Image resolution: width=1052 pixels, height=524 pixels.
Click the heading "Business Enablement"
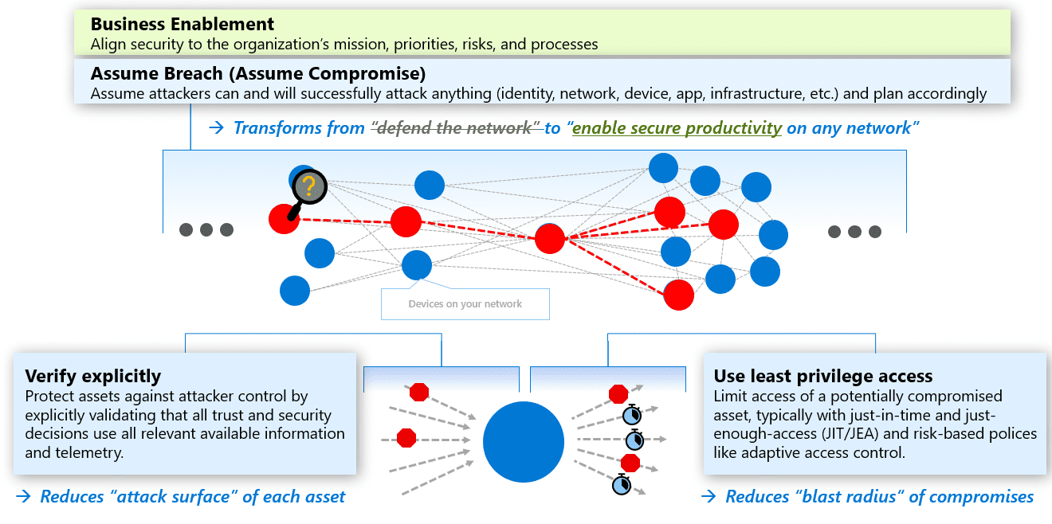[x=183, y=24]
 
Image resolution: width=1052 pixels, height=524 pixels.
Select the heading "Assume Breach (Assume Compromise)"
[x=258, y=74]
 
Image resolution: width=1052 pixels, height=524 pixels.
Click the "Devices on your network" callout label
[x=465, y=304]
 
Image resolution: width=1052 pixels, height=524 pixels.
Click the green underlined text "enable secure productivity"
[x=677, y=128]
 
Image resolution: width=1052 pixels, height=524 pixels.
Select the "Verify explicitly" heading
[x=93, y=376]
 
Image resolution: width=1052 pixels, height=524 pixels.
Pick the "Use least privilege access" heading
[x=823, y=376]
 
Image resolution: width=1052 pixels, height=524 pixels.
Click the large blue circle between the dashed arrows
[x=524, y=443]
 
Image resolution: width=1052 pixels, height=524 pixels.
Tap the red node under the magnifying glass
[x=284, y=219]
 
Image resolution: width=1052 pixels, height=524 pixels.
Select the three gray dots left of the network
[x=206, y=230]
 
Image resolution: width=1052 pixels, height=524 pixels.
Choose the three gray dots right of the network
[x=854, y=232]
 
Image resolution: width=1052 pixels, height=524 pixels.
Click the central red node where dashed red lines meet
[x=550, y=238]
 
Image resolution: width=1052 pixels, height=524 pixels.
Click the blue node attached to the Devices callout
[x=417, y=265]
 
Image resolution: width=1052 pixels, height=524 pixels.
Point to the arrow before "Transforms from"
[x=215, y=128]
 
